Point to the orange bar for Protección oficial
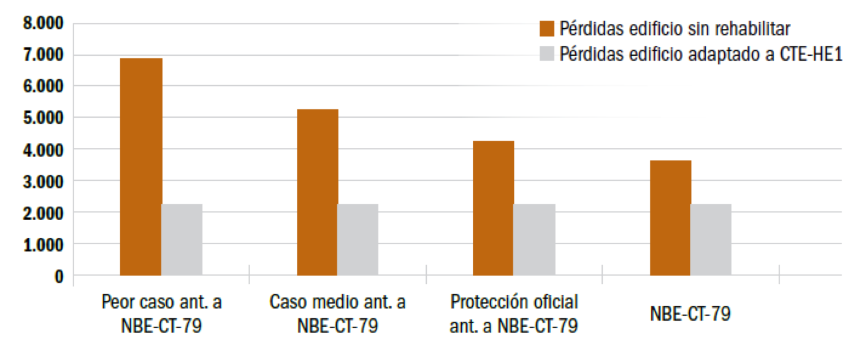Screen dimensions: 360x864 click(x=494, y=208)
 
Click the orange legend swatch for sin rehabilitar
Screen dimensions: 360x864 click(x=547, y=28)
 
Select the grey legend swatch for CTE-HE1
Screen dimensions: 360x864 click(x=547, y=53)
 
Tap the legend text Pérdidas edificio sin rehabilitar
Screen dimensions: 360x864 click(x=675, y=28)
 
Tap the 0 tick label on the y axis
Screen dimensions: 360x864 click(x=59, y=277)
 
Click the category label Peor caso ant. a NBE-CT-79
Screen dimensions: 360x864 click(x=162, y=313)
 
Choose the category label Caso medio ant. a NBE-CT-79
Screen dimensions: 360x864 click(x=337, y=313)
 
